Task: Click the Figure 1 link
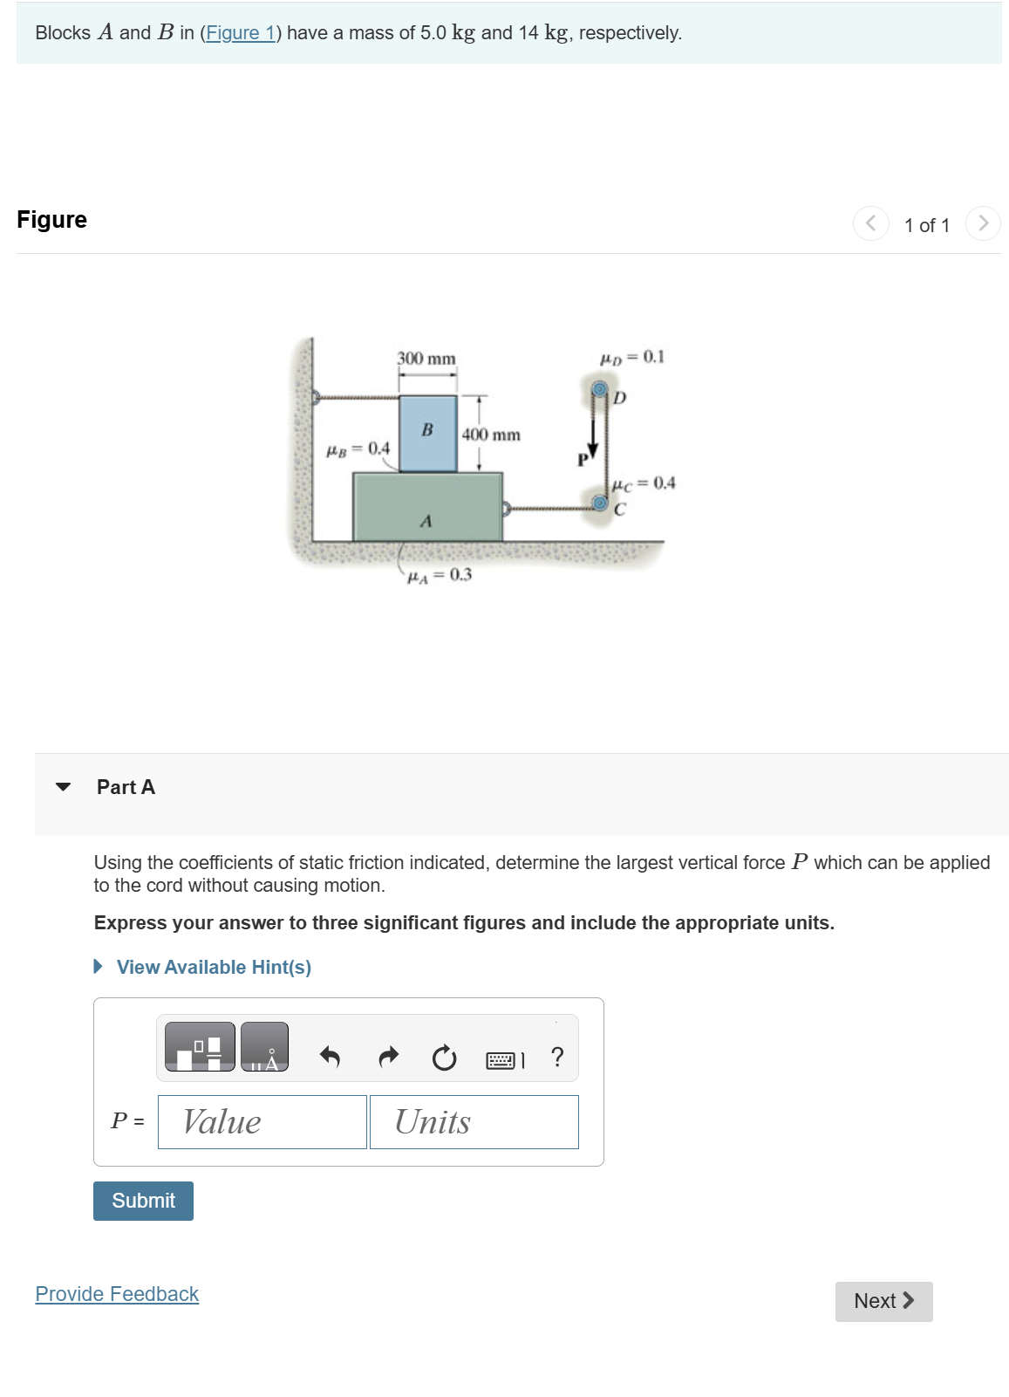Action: (240, 33)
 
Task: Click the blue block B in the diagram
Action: (427, 434)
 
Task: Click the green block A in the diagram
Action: (426, 508)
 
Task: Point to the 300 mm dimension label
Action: (426, 359)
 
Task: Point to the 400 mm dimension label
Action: (491, 435)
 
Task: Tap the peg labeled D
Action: (600, 388)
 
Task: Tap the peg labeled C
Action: (600, 502)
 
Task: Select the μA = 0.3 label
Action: (440, 575)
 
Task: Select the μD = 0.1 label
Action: (631, 357)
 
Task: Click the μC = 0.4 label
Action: (644, 483)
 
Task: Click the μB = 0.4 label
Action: (358, 449)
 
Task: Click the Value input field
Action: (262, 1122)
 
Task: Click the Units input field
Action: (474, 1122)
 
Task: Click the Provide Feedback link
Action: (117, 1294)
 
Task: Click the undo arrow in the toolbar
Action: (330, 1058)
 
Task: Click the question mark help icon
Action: (557, 1057)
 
